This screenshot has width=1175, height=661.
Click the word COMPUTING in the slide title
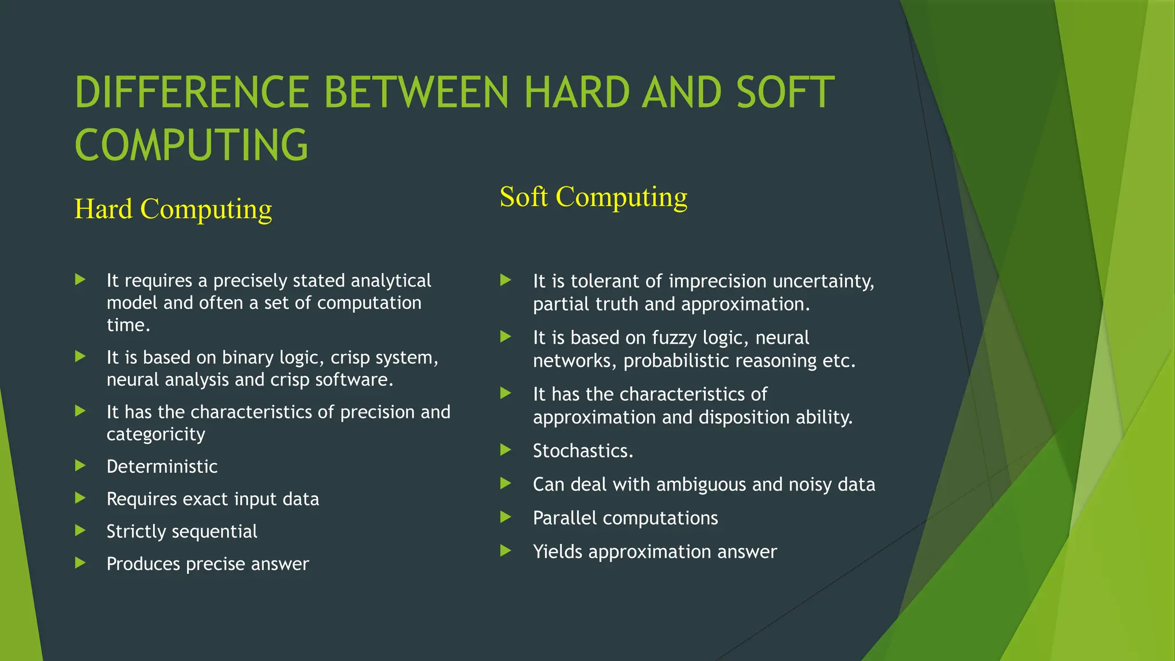(x=192, y=145)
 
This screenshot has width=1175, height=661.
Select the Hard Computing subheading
(x=173, y=209)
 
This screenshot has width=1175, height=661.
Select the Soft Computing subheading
(x=593, y=197)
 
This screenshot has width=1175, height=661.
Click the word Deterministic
(x=162, y=466)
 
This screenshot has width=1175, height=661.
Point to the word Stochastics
(x=583, y=451)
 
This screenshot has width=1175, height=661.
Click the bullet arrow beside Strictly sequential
(x=80, y=531)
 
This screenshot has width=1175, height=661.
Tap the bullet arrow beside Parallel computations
(x=505, y=518)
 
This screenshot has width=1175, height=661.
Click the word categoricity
(x=155, y=434)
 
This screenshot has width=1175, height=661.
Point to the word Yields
(x=558, y=552)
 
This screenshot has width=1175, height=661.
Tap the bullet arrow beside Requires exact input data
(x=80, y=498)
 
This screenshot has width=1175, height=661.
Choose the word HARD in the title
(x=577, y=92)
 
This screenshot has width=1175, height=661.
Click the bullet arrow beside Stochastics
(x=505, y=450)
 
